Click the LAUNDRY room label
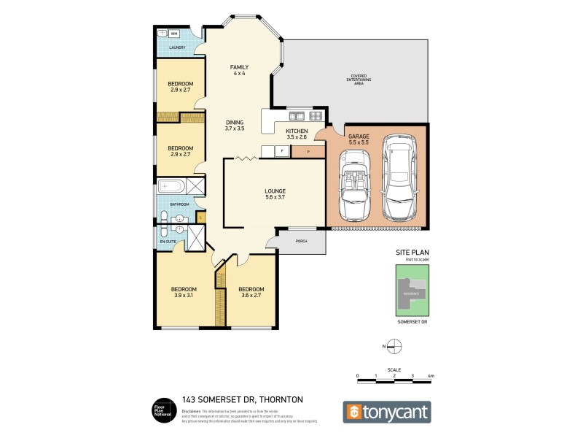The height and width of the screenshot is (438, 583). click(x=177, y=48)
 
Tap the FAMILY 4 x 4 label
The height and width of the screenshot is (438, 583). click(x=240, y=70)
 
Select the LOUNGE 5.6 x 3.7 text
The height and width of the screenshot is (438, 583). click(x=275, y=194)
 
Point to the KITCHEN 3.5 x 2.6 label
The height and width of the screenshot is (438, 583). click(x=297, y=134)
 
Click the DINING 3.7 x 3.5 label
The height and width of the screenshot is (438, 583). click(x=234, y=126)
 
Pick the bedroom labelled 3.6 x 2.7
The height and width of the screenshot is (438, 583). click(x=251, y=292)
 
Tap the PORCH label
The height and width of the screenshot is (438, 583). click(x=300, y=241)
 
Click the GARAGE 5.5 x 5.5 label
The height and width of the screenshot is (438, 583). click(x=358, y=140)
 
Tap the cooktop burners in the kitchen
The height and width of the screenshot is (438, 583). click(x=316, y=115)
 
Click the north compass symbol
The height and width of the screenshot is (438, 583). click(x=394, y=346)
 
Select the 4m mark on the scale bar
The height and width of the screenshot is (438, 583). click(x=431, y=375)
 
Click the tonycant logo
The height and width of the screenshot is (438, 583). click(x=387, y=412)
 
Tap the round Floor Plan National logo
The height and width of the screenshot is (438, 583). click(x=162, y=411)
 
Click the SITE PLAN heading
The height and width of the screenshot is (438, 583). click(x=409, y=253)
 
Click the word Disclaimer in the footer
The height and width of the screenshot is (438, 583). click(x=192, y=412)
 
